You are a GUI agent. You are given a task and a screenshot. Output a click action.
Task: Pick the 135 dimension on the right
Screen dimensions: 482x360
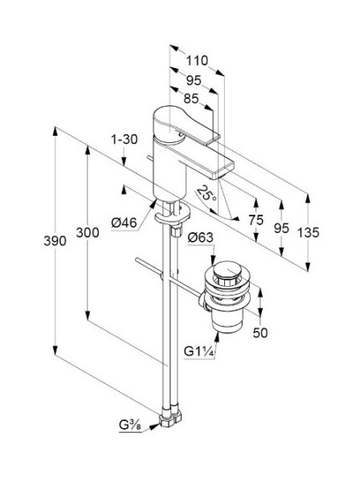(x=308, y=232)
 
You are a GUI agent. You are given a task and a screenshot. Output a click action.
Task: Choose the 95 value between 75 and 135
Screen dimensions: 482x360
(x=280, y=228)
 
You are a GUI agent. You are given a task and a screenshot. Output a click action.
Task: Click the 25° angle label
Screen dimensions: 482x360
(x=208, y=194)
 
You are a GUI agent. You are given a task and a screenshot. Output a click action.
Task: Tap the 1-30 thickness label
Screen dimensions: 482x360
(x=123, y=139)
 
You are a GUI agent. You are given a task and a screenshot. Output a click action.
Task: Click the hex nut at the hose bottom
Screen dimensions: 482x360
(x=171, y=419)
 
